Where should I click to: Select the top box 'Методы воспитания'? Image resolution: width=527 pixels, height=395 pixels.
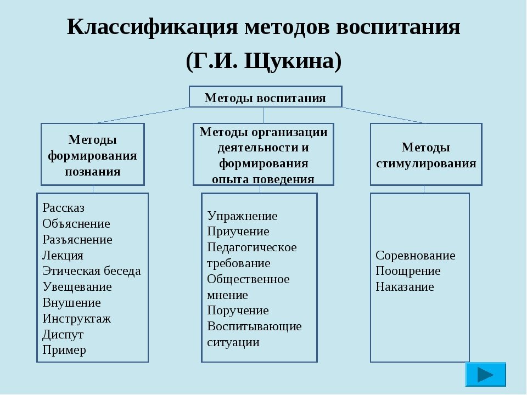pyautogui.click(x=265, y=98)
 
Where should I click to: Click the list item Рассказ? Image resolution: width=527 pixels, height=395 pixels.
pyautogui.click(x=63, y=208)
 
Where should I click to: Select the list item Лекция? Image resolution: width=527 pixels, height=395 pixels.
pyautogui.click(x=63, y=255)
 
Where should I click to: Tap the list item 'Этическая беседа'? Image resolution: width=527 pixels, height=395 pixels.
pyautogui.click(x=91, y=271)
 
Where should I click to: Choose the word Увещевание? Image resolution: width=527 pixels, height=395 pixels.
pyautogui.click(x=77, y=287)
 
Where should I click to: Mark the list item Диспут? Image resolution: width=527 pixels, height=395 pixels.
pyautogui.click(x=63, y=334)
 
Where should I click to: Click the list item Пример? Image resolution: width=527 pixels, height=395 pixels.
pyautogui.click(x=64, y=350)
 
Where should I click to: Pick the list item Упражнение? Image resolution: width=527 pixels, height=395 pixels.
pyautogui.click(x=242, y=216)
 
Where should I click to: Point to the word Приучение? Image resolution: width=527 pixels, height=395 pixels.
pyautogui.click(x=238, y=232)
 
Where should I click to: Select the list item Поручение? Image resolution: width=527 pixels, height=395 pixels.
pyautogui.click(x=238, y=311)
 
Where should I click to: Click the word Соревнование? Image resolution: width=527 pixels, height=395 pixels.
pyautogui.click(x=416, y=256)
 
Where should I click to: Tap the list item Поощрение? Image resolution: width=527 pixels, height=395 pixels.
pyautogui.click(x=408, y=271)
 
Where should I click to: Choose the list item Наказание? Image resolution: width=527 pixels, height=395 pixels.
pyautogui.click(x=405, y=287)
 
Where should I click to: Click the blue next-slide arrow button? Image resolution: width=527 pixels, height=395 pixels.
pyautogui.click(x=485, y=374)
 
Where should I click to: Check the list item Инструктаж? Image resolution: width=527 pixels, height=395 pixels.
pyautogui.click(x=76, y=318)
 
